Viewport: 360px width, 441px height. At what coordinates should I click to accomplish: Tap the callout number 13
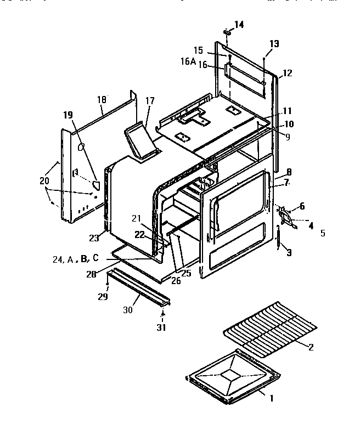274,44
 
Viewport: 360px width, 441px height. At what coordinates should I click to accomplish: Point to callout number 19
67,115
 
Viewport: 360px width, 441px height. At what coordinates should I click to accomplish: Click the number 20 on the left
44,180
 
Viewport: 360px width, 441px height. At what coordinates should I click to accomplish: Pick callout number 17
150,101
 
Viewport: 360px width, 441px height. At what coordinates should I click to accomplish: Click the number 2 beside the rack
311,346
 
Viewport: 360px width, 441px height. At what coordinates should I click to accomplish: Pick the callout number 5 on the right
323,233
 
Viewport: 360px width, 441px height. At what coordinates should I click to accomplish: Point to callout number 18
102,99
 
